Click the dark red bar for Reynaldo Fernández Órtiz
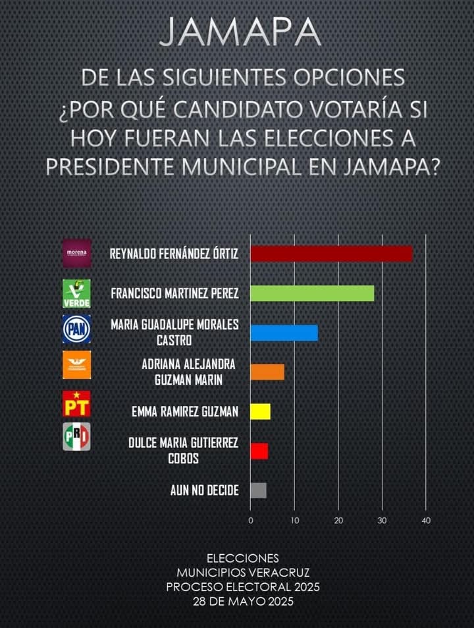331,254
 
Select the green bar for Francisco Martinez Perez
312,293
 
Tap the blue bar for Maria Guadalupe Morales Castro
284,333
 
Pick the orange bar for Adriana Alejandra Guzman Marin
267,372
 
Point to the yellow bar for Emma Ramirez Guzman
260,412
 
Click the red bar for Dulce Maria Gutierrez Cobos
259,451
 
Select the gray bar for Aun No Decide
258,490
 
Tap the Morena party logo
77,254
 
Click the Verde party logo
76,293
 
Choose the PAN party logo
76,328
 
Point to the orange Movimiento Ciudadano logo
76,364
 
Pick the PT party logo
76,403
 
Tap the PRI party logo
76,436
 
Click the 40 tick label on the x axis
426,521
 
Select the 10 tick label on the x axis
294,521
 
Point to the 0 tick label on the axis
251,521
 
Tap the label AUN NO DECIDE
204,490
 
